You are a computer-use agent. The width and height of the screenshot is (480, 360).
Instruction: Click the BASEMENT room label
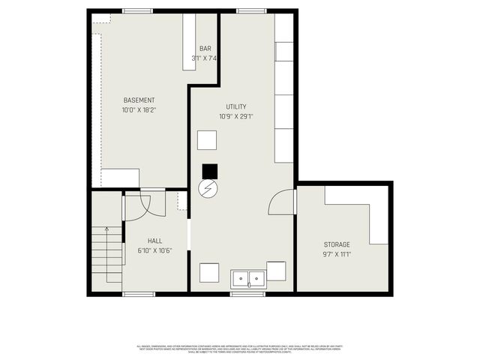[x=139, y=100]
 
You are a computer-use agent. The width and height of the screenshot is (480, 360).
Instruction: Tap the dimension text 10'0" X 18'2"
[x=139, y=110]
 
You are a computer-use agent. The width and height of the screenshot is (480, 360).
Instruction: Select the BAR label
[x=205, y=49]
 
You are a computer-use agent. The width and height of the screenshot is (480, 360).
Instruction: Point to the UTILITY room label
[x=235, y=106]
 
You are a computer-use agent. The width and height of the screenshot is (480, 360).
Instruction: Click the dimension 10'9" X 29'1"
[x=235, y=116]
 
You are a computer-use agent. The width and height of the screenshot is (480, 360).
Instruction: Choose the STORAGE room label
[x=337, y=244]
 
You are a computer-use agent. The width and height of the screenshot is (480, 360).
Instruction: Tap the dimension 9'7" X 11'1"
[x=337, y=254]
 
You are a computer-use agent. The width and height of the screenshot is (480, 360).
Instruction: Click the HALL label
[x=154, y=241]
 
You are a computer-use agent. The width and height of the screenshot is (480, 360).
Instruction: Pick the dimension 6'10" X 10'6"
[x=154, y=250]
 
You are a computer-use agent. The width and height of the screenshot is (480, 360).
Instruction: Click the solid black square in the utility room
[x=209, y=171]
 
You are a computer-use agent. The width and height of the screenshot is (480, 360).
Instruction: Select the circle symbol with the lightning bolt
[x=207, y=188]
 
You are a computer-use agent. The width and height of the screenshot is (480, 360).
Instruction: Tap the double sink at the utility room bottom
[x=247, y=279]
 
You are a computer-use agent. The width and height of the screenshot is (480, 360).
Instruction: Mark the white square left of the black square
[x=207, y=140]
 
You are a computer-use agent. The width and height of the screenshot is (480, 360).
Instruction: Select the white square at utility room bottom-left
[x=209, y=271]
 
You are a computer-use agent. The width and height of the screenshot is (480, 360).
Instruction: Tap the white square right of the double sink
[x=276, y=271]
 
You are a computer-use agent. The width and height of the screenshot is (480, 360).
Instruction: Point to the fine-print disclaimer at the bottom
[x=240, y=349]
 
